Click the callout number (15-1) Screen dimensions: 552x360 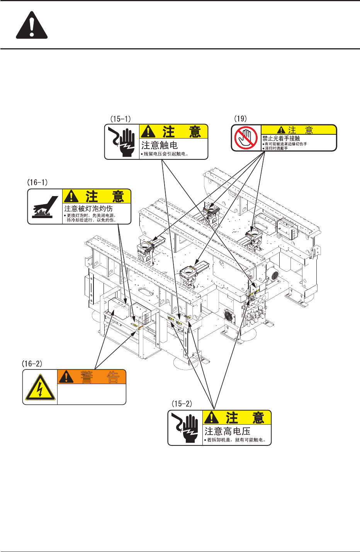(121, 119)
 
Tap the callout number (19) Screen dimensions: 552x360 (241, 119)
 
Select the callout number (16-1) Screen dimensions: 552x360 (37, 182)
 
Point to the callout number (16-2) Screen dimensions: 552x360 (32, 364)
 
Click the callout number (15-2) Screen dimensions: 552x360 (182, 404)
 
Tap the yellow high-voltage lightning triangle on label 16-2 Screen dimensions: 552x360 (40, 387)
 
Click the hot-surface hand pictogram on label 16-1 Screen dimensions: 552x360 (45, 207)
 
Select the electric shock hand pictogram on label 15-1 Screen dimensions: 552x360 (122, 142)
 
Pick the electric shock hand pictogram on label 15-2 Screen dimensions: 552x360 (185, 428)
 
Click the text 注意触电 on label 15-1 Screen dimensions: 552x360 (160, 145)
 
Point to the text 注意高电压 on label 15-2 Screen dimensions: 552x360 (228, 431)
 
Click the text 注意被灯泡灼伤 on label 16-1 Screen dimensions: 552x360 (88, 208)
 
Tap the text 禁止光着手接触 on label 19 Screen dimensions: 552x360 (281, 138)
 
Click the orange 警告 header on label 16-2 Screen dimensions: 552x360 (92, 377)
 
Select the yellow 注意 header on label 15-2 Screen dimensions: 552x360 (237, 418)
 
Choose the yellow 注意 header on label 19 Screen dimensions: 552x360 (299, 130)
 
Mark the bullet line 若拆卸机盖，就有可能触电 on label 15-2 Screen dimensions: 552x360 (236, 440)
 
